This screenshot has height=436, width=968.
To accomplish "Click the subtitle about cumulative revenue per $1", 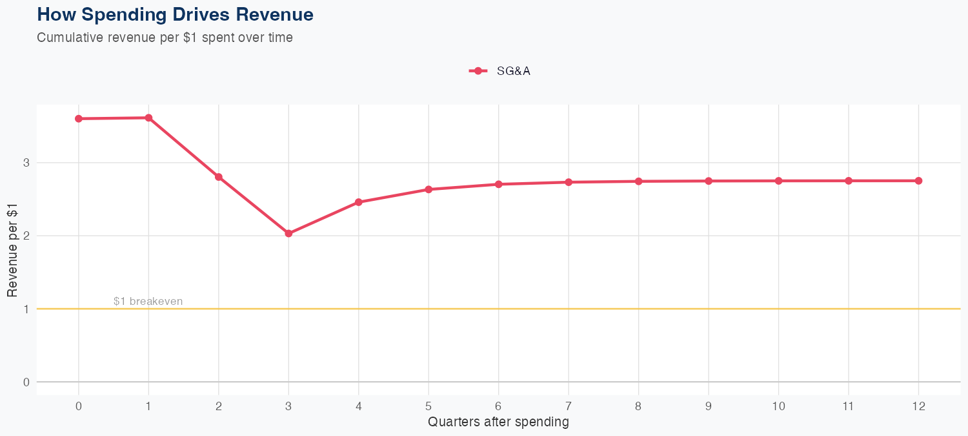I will pyautogui.click(x=165, y=37).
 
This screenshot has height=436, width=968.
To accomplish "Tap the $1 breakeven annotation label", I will pyautogui.click(x=148, y=301).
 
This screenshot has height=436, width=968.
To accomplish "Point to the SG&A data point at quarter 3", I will pyautogui.click(x=288, y=233).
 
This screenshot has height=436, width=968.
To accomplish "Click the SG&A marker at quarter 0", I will pyautogui.click(x=79, y=119).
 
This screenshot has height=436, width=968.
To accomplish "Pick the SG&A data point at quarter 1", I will pyautogui.click(x=148, y=118).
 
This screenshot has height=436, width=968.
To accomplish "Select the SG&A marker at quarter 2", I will pyautogui.click(x=219, y=177).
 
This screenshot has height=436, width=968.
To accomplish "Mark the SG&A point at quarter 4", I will pyautogui.click(x=359, y=202).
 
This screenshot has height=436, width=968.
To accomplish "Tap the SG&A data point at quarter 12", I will pyautogui.click(x=918, y=181).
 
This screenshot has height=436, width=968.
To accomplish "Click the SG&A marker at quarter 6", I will pyautogui.click(x=498, y=184).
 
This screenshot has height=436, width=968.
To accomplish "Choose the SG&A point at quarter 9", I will pyautogui.click(x=709, y=181).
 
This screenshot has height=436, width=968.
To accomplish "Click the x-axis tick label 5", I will pyautogui.click(x=429, y=406).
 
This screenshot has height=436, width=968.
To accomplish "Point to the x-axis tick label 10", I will pyautogui.click(x=778, y=406).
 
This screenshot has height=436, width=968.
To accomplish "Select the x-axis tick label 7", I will pyautogui.click(x=569, y=406).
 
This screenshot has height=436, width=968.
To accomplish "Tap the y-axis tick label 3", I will pyautogui.click(x=26, y=163).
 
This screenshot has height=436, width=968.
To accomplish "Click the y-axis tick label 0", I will pyautogui.click(x=26, y=382).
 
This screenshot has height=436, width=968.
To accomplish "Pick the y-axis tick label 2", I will pyautogui.click(x=26, y=236).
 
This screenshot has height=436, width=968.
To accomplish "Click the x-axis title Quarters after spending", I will pyautogui.click(x=498, y=422).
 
